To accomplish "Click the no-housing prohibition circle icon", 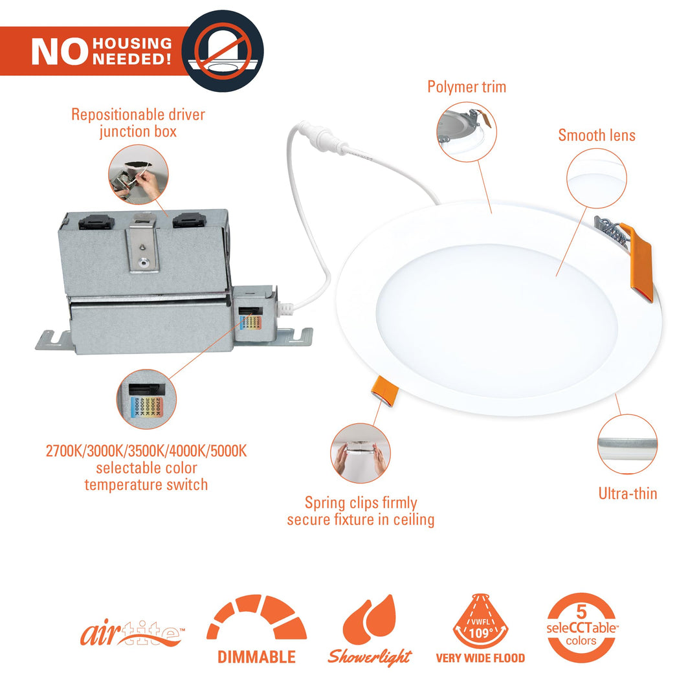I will coord(222,50).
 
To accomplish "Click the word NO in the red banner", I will coord(59,52).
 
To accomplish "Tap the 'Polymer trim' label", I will coord(467,87).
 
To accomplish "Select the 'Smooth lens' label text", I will coord(597,135).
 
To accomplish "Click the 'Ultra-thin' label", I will coord(627,493).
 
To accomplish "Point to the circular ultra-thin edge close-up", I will coord(627,444).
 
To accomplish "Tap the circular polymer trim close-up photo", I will coord(466,132).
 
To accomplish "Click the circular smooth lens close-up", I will coord(597,177).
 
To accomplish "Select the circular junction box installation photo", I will coord(139,174).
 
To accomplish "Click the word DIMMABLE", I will coord(256,657).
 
